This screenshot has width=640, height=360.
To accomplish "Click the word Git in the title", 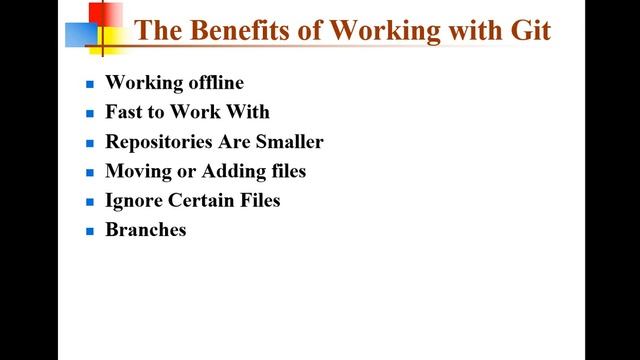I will pyautogui.click(x=532, y=29).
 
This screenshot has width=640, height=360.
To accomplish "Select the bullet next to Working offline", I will pyautogui.click(x=89, y=84).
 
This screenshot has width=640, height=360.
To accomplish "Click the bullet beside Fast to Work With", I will pyautogui.click(x=89, y=114).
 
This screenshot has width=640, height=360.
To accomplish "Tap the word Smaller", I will pyautogui.click(x=289, y=142).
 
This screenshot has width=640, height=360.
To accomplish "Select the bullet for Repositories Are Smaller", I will pyautogui.click(x=89, y=143).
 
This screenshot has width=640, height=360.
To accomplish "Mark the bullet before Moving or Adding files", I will pyautogui.click(x=89, y=172).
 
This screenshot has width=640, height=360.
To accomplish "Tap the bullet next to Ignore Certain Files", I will pyautogui.click(x=89, y=201).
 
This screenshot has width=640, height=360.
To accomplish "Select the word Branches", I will pyautogui.click(x=146, y=229).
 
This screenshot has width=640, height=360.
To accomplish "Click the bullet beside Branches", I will pyautogui.click(x=89, y=231).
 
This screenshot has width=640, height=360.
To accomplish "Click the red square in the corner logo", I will pyautogui.click(x=106, y=15).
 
